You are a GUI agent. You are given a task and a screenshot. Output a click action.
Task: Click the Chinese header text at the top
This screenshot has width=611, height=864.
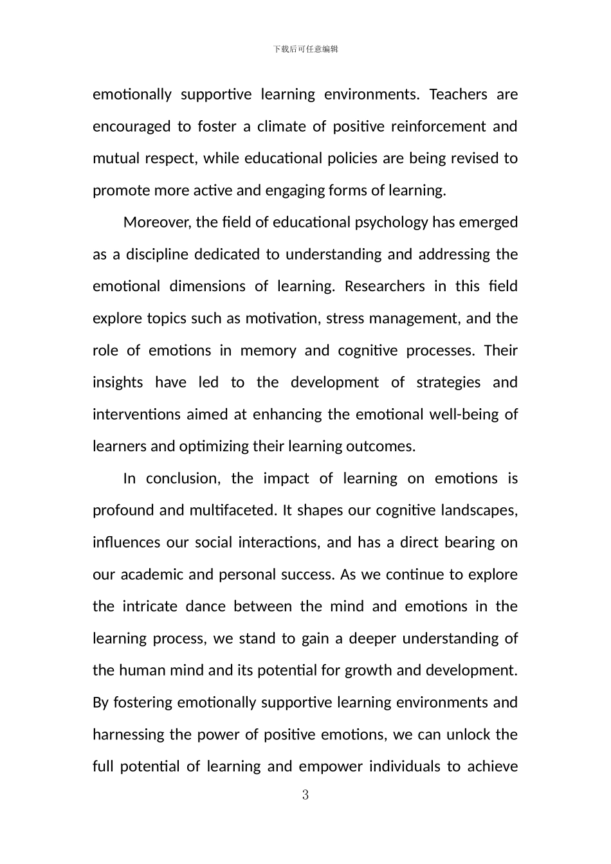point(305,49)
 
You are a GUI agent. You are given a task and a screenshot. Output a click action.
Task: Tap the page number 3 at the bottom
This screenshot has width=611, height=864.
point(305,795)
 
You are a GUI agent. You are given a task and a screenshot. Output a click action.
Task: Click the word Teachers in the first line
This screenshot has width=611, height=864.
point(458,94)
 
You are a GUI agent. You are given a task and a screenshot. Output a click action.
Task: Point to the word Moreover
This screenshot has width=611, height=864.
point(157,222)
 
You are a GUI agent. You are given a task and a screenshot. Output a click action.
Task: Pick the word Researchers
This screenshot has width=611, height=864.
point(385,287)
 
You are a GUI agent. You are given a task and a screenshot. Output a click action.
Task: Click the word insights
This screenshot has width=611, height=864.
point(118,382)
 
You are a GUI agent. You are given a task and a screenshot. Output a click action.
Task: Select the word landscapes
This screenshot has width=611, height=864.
point(479,510)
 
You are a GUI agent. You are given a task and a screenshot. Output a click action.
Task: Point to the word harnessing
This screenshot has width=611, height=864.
point(128,735)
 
